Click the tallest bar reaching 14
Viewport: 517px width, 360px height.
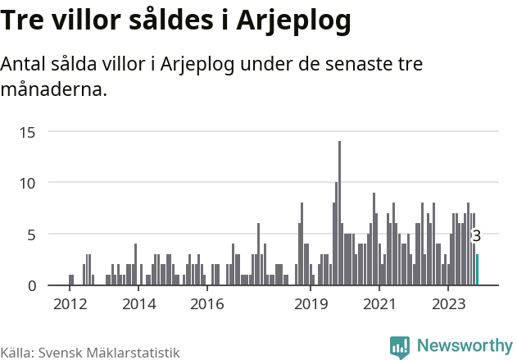point(339,213)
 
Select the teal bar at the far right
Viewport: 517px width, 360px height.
point(477,270)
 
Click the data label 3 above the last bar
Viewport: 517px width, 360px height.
point(477,235)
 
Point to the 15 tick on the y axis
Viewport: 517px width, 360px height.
point(29,131)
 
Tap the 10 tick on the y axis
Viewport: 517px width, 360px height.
point(29,183)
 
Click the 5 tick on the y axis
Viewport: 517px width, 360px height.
point(32,235)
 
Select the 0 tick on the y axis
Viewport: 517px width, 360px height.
point(32,285)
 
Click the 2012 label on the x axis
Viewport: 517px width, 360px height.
point(70,304)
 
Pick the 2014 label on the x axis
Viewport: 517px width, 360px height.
point(138,304)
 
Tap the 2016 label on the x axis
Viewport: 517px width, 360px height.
point(207,304)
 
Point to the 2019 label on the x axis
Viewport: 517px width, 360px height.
point(311,304)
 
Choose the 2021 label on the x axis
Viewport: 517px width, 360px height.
point(379,304)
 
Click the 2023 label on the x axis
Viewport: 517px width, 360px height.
point(448,304)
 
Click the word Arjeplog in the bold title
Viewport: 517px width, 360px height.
point(293,22)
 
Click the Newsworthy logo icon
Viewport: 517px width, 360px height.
point(400,346)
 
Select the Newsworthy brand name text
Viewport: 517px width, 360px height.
point(464,345)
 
